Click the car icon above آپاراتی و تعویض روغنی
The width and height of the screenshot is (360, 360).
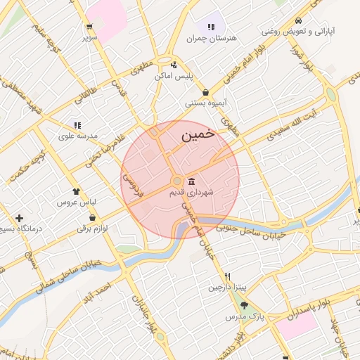click(x=300, y=20)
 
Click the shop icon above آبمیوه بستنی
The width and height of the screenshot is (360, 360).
click(x=205, y=92)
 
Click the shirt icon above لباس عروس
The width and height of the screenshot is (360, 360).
click(x=76, y=191)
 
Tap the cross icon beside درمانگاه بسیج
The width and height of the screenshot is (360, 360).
click(x=19, y=218)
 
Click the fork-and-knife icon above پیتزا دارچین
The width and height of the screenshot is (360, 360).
click(x=227, y=276)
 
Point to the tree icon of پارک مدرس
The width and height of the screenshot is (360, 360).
click(x=244, y=305)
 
